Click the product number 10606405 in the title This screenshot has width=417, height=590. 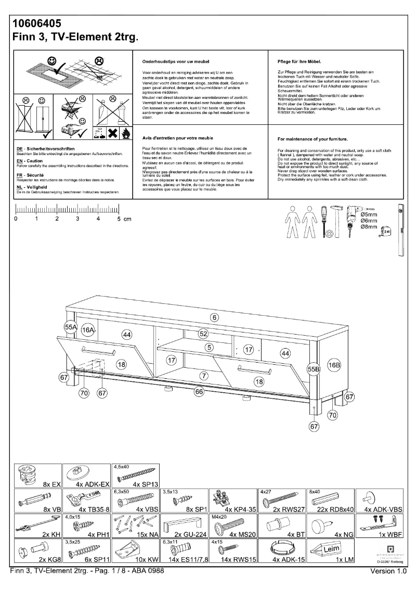[x=37, y=23]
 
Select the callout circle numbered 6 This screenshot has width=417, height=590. [x=214, y=317]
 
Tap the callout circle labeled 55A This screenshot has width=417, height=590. [x=71, y=327]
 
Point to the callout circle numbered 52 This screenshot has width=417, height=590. [x=203, y=334]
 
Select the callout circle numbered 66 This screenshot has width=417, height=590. [x=198, y=392]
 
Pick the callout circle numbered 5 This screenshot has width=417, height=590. [x=209, y=347]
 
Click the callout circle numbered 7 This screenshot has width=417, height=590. [x=204, y=375]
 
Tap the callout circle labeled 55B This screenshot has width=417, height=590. [x=313, y=369]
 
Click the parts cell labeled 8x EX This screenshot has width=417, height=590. [x=37, y=476]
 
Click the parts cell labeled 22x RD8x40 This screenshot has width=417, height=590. [x=333, y=501]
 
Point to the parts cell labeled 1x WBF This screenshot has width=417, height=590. [x=385, y=527]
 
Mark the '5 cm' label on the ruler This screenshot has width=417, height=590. [x=124, y=219]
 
